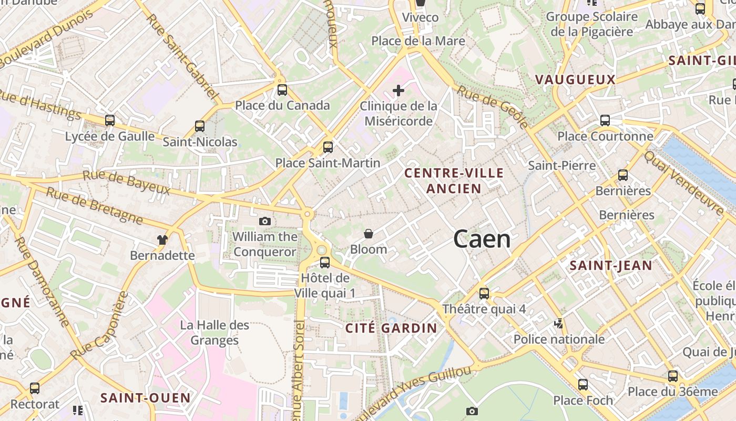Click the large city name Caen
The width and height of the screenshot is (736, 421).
(x=482, y=239)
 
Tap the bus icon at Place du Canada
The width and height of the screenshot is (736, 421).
(x=282, y=90)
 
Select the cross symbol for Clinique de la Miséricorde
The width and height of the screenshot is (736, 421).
(x=398, y=91)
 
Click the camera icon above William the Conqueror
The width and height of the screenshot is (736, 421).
(x=265, y=221)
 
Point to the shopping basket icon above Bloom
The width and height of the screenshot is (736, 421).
(x=369, y=233)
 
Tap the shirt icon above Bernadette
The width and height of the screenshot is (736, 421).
(x=162, y=240)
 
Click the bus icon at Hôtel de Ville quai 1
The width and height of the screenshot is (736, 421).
(x=325, y=262)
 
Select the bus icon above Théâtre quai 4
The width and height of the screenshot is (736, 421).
(x=484, y=293)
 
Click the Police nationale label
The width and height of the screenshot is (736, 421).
(x=559, y=339)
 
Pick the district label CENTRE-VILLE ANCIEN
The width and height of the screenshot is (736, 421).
(x=454, y=181)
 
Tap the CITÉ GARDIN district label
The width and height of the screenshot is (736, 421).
(x=391, y=328)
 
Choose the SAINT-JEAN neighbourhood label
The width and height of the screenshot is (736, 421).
(x=611, y=266)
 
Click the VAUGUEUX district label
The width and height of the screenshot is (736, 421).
(x=575, y=79)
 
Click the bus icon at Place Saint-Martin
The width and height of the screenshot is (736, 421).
(x=328, y=147)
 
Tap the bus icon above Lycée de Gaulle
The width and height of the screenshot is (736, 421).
(x=110, y=121)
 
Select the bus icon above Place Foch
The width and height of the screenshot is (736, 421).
(x=583, y=384)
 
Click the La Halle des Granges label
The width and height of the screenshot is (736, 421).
(x=214, y=333)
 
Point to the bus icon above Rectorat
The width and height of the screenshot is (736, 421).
(x=35, y=388)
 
